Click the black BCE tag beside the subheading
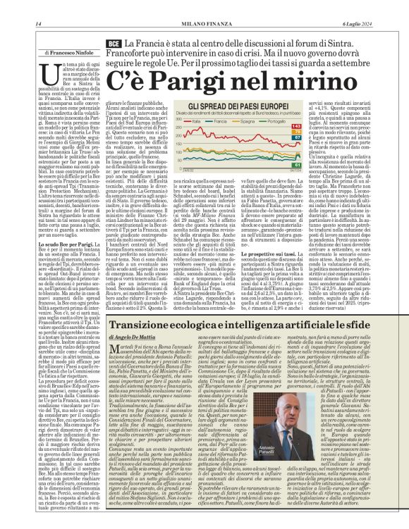[113, 44]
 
